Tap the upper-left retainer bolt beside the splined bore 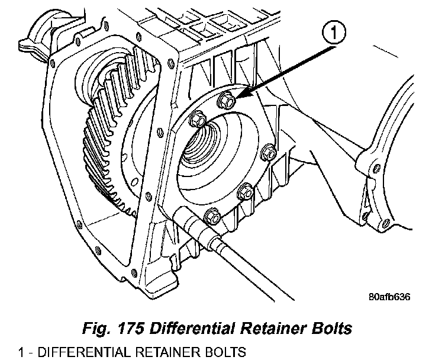coord(198,121)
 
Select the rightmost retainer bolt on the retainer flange coord(269,153)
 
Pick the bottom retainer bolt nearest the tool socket coord(212,217)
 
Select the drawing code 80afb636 coord(388,297)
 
